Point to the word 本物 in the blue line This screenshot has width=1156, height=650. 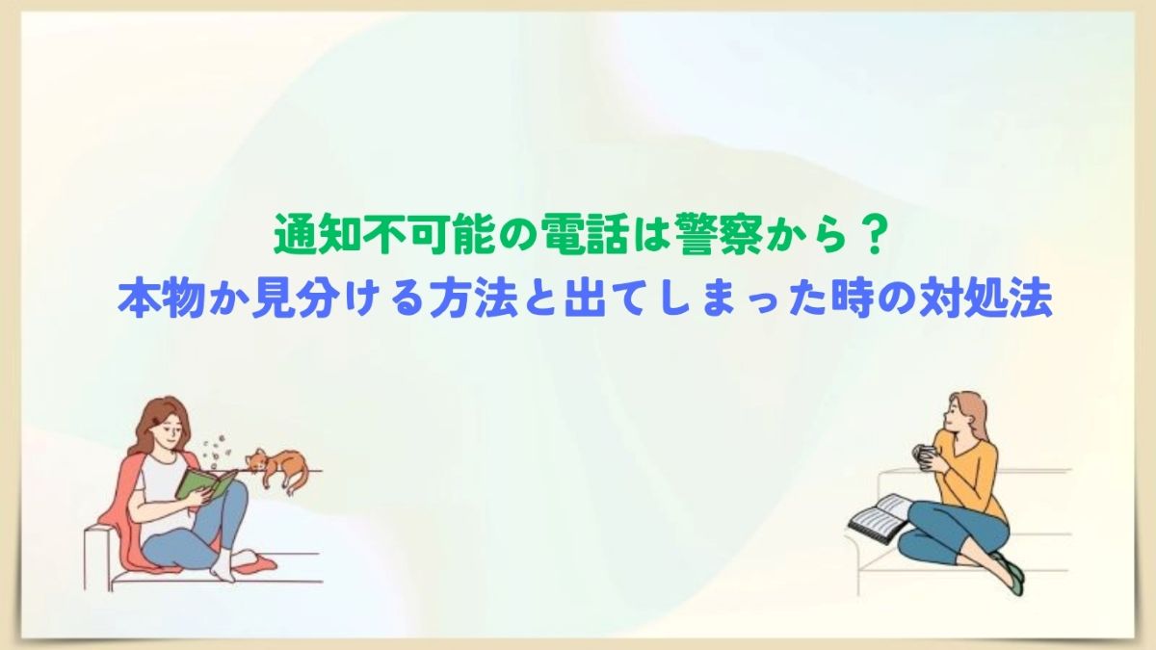coord(162,300)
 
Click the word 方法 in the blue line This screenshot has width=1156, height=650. coord(474,300)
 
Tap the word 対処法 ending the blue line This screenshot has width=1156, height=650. coord(986,300)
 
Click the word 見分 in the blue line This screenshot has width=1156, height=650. coord(294,300)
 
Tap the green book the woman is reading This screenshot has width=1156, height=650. coord(205,484)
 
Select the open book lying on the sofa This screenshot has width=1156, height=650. coord(878,517)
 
